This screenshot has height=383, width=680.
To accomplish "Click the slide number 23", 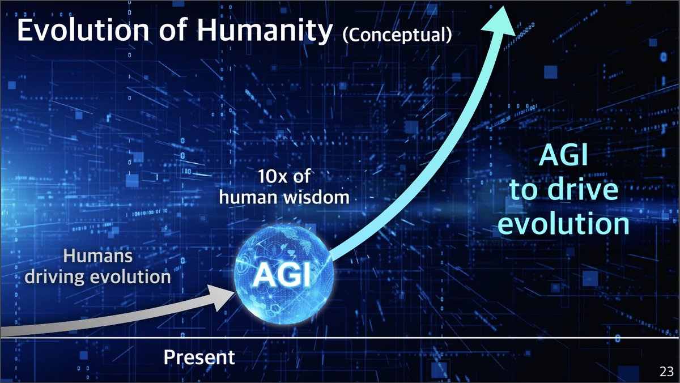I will [666, 372].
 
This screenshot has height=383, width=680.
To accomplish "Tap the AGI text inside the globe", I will [282, 276].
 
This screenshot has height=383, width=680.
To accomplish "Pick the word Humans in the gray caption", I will [98, 256].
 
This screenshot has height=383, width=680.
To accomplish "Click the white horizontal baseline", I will [453, 338].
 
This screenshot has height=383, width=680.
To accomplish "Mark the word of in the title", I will [170, 32].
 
